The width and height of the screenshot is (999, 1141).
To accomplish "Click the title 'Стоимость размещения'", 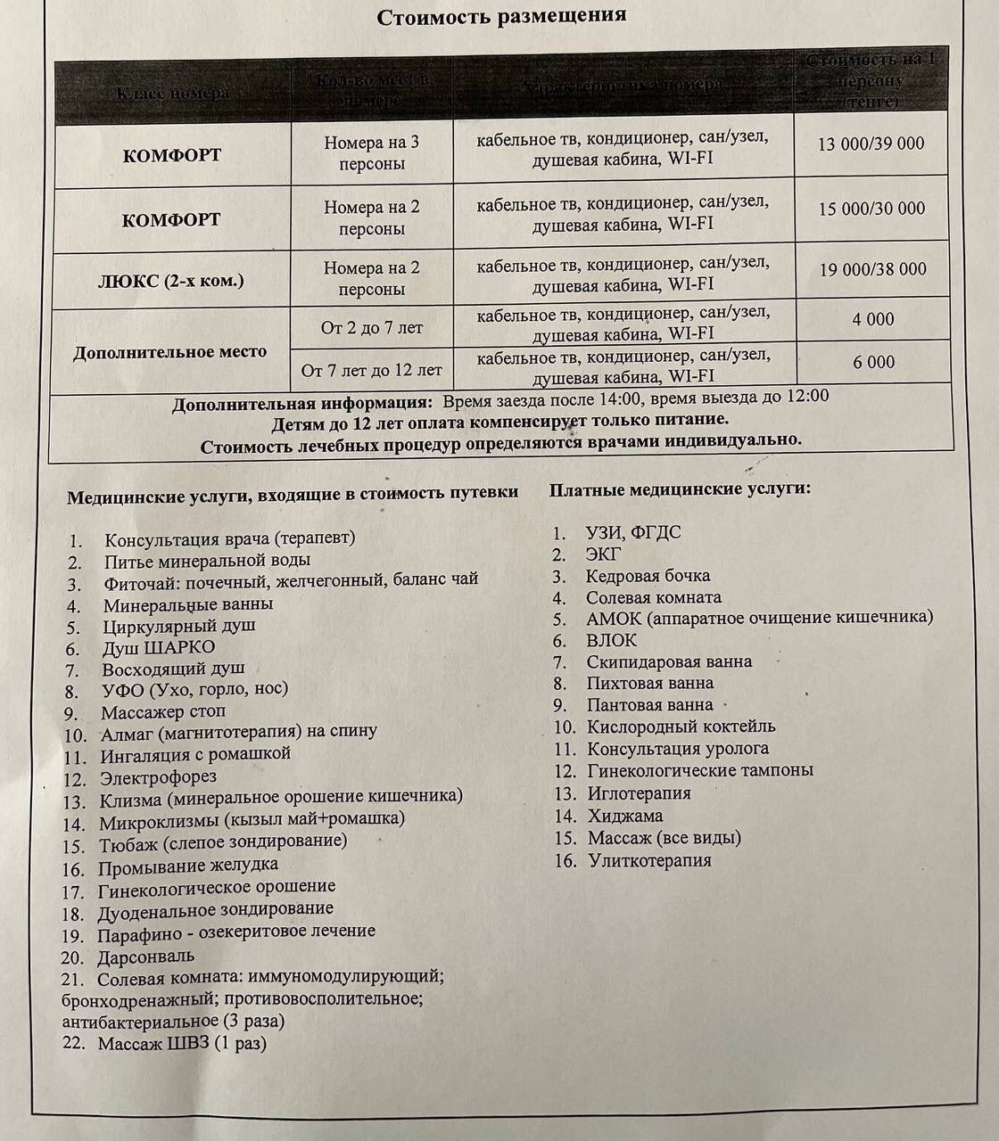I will [x=500, y=17].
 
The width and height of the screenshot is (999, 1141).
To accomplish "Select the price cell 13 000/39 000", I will [x=871, y=144].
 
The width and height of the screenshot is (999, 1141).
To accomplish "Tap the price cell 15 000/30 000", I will [x=871, y=209].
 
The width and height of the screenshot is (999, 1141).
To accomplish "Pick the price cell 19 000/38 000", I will [x=872, y=269].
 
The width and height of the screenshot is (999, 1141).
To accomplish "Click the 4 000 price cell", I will [x=872, y=319].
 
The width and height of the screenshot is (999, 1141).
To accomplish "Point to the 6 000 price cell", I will [x=873, y=362].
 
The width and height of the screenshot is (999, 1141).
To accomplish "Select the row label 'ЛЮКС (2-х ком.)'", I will [x=170, y=281].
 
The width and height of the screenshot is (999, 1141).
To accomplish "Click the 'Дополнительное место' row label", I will [x=169, y=352].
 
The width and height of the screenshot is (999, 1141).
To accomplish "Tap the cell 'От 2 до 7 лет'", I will [x=371, y=328].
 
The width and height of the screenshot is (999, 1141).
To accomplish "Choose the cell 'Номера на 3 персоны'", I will [x=371, y=152].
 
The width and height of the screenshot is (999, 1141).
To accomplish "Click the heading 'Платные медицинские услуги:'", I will [x=680, y=489].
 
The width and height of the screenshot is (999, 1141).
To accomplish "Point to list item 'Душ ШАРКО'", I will [x=158, y=647].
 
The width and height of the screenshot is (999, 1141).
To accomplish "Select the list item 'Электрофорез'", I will [x=158, y=778].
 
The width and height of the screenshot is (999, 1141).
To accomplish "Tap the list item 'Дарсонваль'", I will [x=145, y=956].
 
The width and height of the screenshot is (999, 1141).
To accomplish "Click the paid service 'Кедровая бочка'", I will [x=648, y=576].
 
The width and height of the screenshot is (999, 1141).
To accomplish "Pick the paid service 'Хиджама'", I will [x=624, y=816].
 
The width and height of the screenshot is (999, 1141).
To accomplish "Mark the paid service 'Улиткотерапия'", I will [x=649, y=860].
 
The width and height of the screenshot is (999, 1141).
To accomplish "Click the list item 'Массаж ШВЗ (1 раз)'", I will [x=182, y=1043].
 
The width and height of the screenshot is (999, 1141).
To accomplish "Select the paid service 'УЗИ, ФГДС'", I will [x=632, y=533].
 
